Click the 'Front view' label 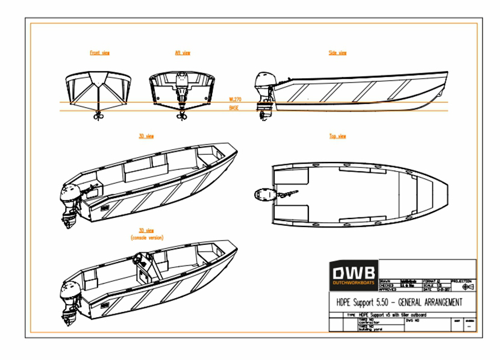(x=99, y=53)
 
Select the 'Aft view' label (x=183, y=53)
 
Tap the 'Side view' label (x=337, y=53)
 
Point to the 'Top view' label (x=337, y=137)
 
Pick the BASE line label (x=234, y=108)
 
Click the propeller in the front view (x=98, y=116)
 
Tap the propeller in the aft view (x=181, y=116)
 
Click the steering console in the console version (x=143, y=265)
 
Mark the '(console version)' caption (x=146, y=237)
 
